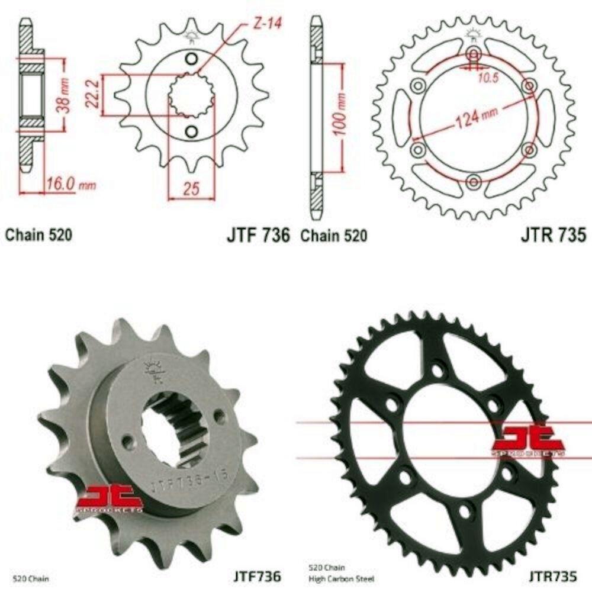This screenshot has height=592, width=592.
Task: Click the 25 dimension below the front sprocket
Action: (191, 189)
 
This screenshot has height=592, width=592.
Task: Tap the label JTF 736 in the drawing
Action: (258, 235)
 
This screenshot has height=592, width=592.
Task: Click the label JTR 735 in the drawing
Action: (554, 235)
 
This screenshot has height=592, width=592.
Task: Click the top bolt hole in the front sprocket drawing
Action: (191, 58)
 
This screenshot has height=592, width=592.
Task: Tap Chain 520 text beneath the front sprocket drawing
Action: (39, 235)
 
